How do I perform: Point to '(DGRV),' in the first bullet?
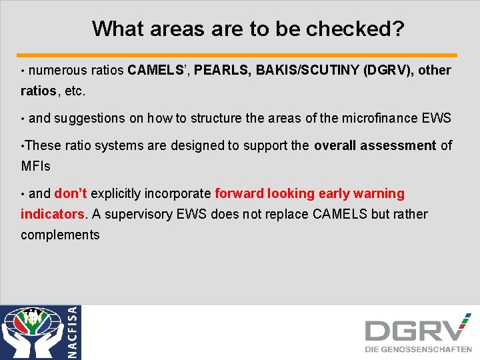(x=389, y=70)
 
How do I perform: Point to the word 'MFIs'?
(x=36, y=165)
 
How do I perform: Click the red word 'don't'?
(x=71, y=193)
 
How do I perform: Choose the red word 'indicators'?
(x=52, y=214)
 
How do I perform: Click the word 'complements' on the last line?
(x=60, y=235)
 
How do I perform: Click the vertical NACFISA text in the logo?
(x=73, y=332)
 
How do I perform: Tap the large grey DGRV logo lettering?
(x=413, y=331)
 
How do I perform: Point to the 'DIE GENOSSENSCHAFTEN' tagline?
(x=418, y=349)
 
